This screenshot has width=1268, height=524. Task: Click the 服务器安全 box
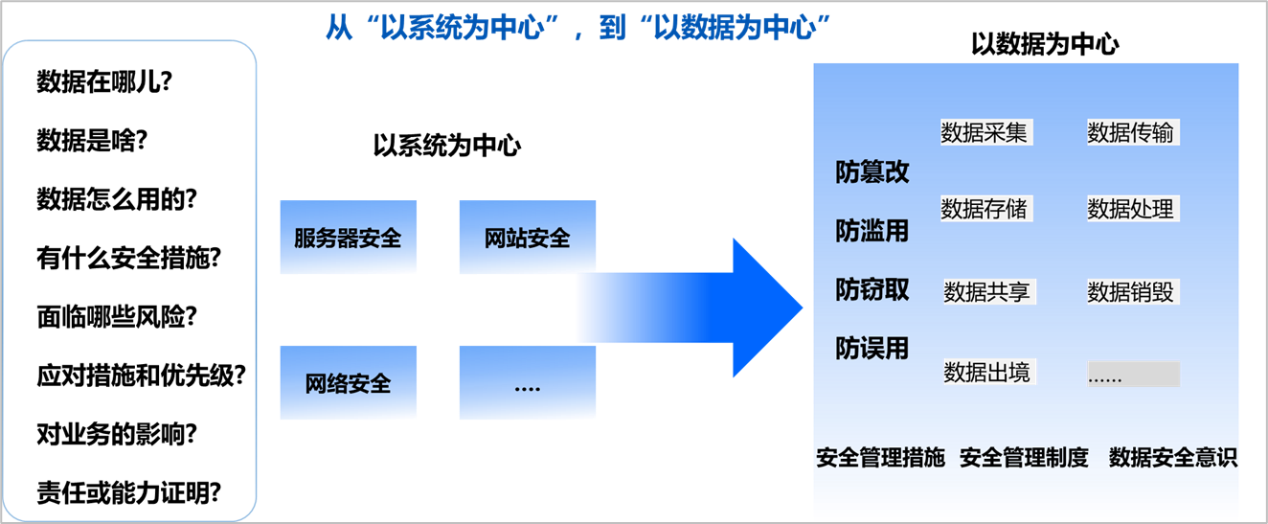coord(348,238)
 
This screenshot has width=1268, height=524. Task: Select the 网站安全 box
coord(527,238)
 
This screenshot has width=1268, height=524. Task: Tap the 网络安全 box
coord(348,383)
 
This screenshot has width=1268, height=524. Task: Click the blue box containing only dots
coord(527,383)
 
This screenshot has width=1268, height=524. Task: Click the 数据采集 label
coord(985,132)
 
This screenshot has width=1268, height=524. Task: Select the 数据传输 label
coord(1131,132)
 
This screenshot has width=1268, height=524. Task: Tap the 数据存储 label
coord(985,208)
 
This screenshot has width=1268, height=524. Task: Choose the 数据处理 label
coord(1131,208)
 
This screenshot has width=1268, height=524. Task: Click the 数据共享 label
coord(988,291)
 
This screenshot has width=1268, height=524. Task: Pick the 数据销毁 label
coord(1131,291)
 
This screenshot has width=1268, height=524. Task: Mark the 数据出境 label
coord(988,372)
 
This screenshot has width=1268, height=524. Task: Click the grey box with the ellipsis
coord(1133,375)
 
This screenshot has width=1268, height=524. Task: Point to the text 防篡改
coord(872,172)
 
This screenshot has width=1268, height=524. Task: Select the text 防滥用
coord(872,231)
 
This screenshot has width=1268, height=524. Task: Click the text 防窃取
coord(872,289)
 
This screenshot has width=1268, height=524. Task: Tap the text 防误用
coord(872,348)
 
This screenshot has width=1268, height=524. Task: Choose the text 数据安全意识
coord(1172,458)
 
